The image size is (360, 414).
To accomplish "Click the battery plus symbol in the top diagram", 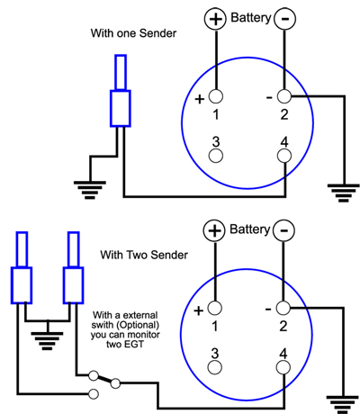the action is [215, 19].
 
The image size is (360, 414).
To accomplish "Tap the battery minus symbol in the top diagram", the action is [285, 19].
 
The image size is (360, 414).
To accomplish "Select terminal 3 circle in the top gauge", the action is [216, 156].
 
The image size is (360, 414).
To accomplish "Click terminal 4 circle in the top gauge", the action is [283, 156].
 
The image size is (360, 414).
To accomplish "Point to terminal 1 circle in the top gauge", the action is [216, 96].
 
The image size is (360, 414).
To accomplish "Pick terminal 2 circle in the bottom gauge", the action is [283, 308].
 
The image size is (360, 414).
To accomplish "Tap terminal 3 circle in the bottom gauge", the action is [215, 367].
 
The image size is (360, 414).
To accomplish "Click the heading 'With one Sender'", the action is [133, 33].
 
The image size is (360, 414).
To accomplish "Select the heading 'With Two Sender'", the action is [144, 255].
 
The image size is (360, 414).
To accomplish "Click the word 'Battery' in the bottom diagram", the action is [250, 229].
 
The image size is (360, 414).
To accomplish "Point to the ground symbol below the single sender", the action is [90, 190].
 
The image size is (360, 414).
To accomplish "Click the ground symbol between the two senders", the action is [47, 341].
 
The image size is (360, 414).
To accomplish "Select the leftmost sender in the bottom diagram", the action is [22, 267].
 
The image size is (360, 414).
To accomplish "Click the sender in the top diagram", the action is [121, 91].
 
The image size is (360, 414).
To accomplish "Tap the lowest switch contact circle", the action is [94, 394].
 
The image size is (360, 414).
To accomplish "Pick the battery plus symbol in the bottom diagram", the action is [214, 230].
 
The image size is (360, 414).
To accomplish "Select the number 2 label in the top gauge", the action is [284, 114].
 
